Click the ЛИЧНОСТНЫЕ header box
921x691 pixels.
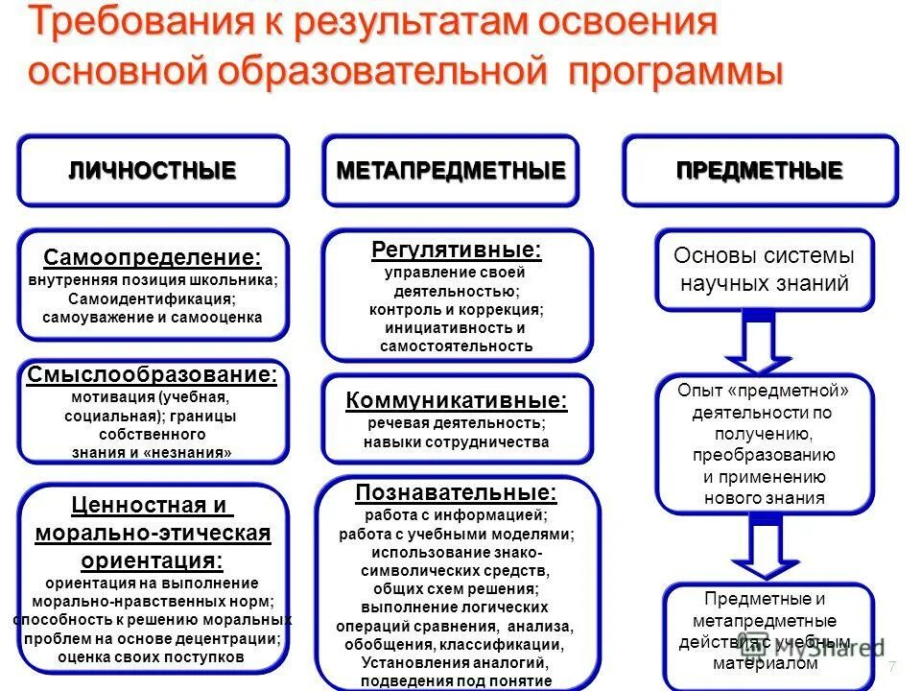(x=153, y=171)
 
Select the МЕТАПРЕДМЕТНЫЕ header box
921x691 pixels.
(x=451, y=171)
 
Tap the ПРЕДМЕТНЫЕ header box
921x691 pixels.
(x=760, y=171)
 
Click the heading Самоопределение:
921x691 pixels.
(x=153, y=257)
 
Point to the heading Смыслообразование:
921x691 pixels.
(x=153, y=374)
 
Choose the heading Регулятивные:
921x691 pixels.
(x=457, y=250)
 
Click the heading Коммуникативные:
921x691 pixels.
(x=457, y=400)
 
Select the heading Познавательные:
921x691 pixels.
(x=457, y=493)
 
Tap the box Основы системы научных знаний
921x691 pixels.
(x=764, y=270)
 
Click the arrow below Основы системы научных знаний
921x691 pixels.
(x=759, y=345)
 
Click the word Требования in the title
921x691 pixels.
(x=135, y=25)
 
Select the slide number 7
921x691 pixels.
(x=892, y=667)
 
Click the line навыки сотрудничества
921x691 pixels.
(x=457, y=442)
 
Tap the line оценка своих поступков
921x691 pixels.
(x=152, y=657)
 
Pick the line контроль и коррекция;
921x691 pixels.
(x=457, y=310)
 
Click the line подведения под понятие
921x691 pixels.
(x=457, y=680)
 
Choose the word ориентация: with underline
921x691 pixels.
(x=153, y=560)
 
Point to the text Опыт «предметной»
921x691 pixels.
(x=764, y=391)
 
